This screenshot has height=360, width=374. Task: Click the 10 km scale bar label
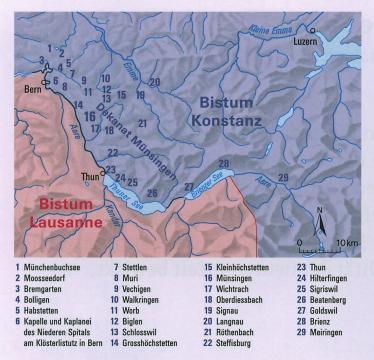tap(347, 244)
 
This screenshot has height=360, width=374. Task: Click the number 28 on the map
tap(224, 162)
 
